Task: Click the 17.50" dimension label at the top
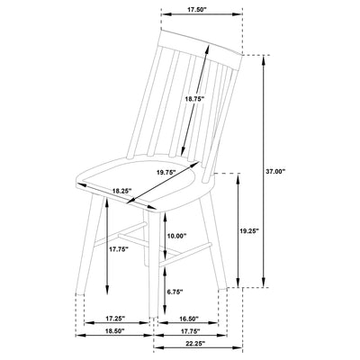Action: click(197, 9)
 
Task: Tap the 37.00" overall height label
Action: click(275, 171)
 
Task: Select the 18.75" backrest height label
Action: click(194, 98)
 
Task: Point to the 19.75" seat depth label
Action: click(166, 173)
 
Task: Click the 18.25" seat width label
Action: click(122, 190)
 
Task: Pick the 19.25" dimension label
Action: click(249, 230)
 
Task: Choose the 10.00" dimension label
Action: click(176, 236)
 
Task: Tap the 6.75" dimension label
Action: click(175, 292)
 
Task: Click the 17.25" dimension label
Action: click(115, 318)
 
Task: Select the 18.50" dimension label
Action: click(114, 331)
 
